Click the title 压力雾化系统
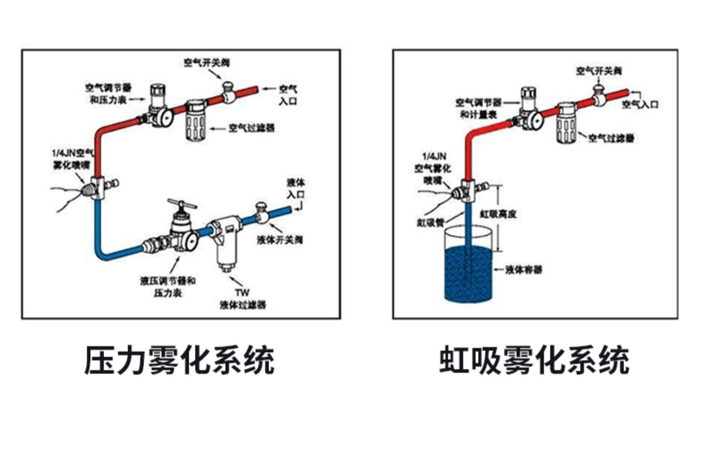(179, 360)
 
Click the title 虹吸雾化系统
(534, 360)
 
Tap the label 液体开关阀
(280, 240)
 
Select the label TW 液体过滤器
(243, 299)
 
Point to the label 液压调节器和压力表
(168, 287)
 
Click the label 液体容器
(523, 270)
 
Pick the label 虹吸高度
(498, 214)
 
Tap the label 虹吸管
(430, 223)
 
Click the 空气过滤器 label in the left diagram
(251, 128)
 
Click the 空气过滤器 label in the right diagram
(611, 138)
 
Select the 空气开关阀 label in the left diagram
(207, 63)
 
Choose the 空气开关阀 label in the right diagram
(599, 71)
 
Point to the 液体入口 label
(295, 188)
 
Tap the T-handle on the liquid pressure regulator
(182, 204)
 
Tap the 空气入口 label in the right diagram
(640, 104)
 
